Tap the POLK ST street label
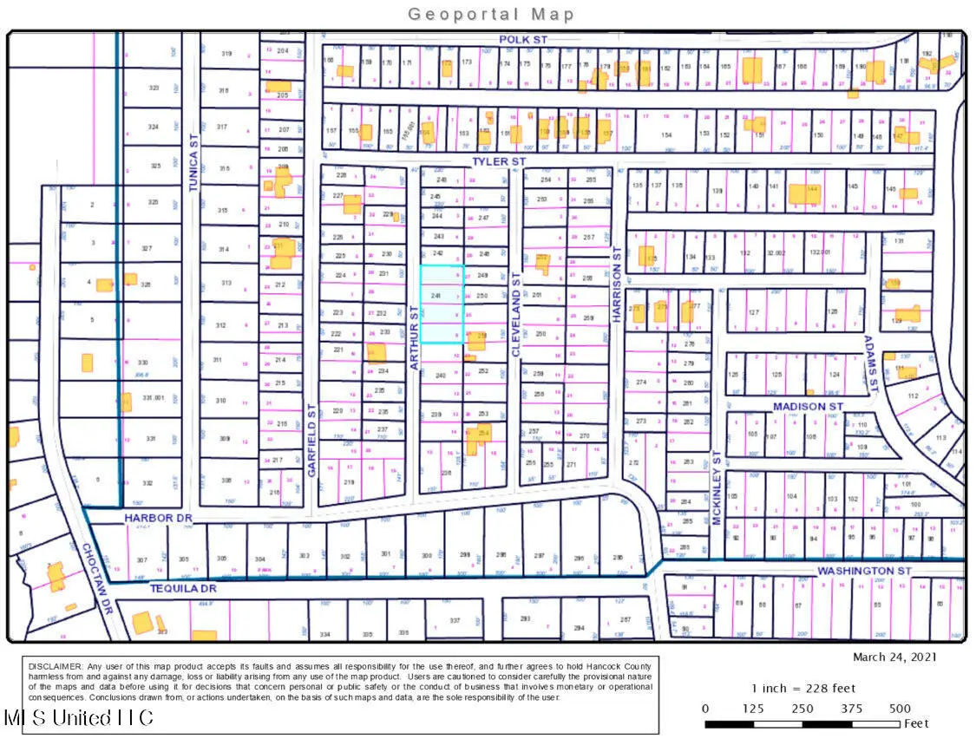point(523,40)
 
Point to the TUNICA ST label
point(194,169)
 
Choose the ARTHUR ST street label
point(414,340)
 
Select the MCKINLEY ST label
point(717,486)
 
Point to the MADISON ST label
point(808,406)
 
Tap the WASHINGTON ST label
point(864,571)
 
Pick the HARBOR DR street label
point(157,517)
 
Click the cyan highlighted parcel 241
point(442,304)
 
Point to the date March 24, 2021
point(894,657)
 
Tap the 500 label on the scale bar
point(900,708)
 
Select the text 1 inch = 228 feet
point(802,688)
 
